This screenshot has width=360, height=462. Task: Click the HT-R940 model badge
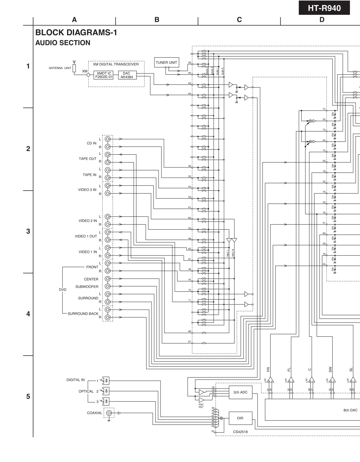tap(324, 8)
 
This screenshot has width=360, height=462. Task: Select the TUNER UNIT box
tap(166, 62)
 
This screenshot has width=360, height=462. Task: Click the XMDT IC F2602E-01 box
tap(104, 75)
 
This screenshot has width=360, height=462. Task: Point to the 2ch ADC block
tap(240, 392)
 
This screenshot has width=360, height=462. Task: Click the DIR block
tap(240, 418)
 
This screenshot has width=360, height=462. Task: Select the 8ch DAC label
tap(350, 410)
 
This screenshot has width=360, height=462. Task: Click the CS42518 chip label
tap(240, 432)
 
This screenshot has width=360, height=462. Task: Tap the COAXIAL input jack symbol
tap(109, 413)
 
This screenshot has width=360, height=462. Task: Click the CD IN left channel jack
tap(108, 139)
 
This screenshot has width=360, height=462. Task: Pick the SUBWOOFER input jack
tap(108, 286)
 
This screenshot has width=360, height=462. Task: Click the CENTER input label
tap(91, 279)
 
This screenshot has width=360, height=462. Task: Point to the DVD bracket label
tap(63, 290)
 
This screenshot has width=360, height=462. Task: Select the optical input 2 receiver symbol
tap(106, 391)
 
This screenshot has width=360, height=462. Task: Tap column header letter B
tap(157, 20)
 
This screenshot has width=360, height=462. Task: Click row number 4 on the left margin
tap(28, 314)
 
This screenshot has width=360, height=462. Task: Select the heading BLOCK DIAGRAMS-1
tap(76, 33)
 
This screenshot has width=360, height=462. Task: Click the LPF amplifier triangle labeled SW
tap(332, 380)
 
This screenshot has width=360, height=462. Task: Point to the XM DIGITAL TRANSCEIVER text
tap(116, 64)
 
